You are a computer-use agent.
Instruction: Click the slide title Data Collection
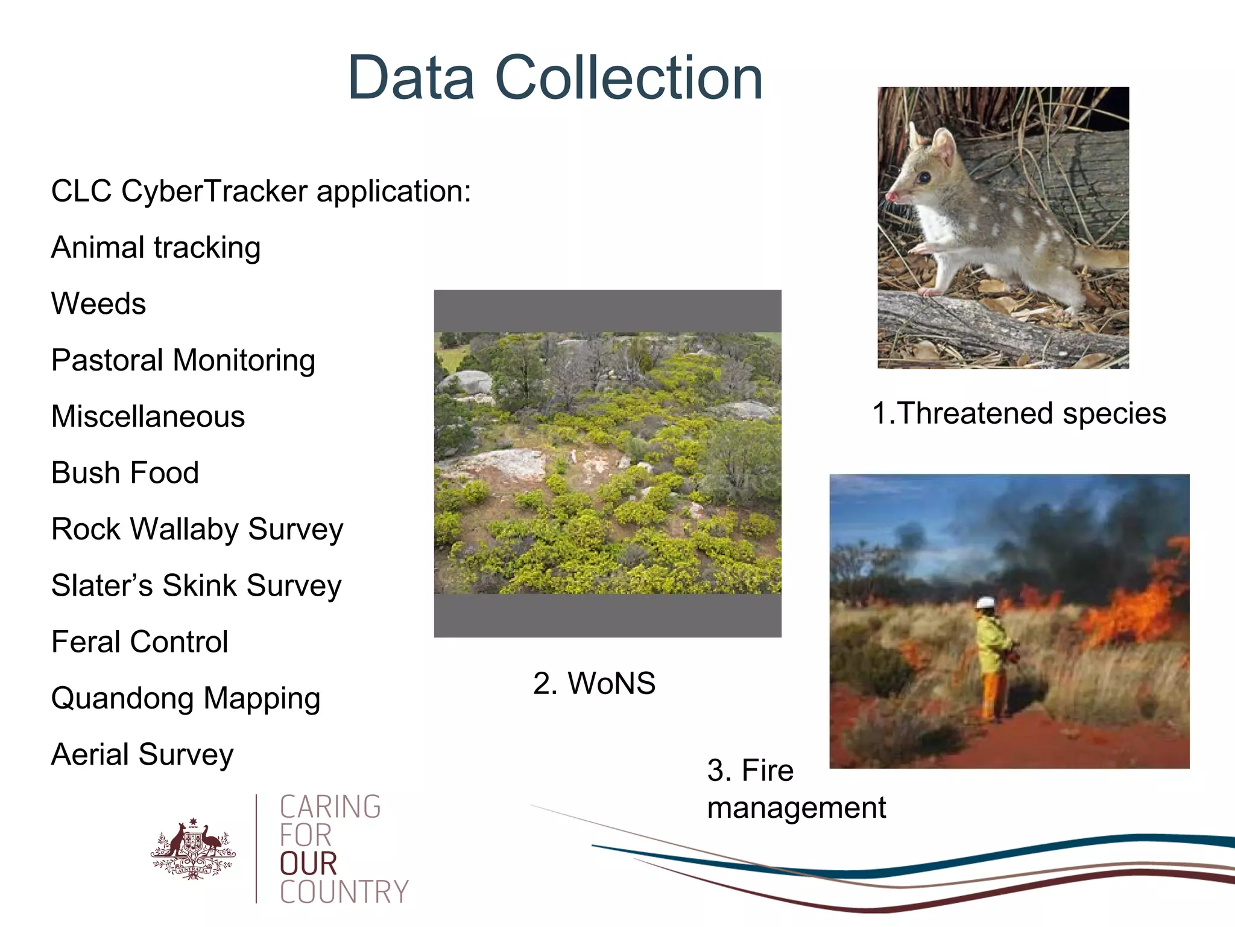[x=555, y=78]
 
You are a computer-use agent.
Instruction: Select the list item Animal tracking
[x=156, y=247]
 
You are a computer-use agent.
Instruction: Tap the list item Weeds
[x=98, y=304]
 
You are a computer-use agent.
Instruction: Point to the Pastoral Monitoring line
[x=183, y=360]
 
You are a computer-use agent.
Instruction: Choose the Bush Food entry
[x=125, y=473]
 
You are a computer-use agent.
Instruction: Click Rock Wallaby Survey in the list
[x=197, y=529]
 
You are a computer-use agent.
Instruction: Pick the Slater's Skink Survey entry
[x=196, y=585]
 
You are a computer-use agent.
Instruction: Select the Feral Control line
[x=139, y=642]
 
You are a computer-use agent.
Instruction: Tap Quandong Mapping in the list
[x=185, y=698]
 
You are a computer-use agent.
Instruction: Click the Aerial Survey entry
[x=142, y=754]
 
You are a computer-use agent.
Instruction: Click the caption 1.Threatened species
[x=1019, y=413]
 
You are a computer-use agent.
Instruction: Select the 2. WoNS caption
[x=594, y=683]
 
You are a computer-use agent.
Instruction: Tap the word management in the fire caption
[x=796, y=808]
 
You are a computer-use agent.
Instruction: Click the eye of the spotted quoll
[x=924, y=177]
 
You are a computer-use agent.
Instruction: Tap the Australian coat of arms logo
[x=192, y=850]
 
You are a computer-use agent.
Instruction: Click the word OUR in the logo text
[x=308, y=864]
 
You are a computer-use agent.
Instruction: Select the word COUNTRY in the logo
[x=344, y=892]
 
